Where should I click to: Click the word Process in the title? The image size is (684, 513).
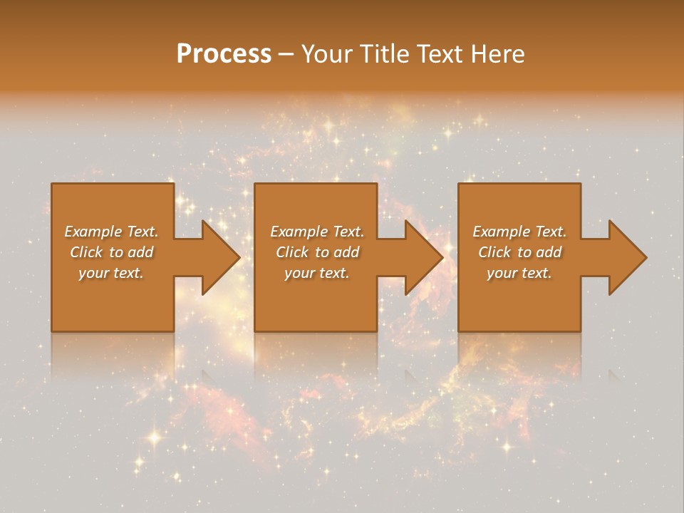pyautogui.click(x=224, y=54)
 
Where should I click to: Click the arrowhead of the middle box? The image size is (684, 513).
pyautogui.click(x=423, y=257)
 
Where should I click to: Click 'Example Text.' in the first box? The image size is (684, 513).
pyautogui.click(x=111, y=232)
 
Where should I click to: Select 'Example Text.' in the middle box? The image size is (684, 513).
pyautogui.click(x=317, y=232)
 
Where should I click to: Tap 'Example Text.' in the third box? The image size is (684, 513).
pyautogui.click(x=519, y=232)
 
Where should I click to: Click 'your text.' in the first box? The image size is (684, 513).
pyautogui.click(x=111, y=273)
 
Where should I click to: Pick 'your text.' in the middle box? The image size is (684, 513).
pyautogui.click(x=317, y=273)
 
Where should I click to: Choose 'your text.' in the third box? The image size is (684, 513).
pyautogui.click(x=519, y=273)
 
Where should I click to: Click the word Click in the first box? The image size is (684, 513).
pyautogui.click(x=87, y=252)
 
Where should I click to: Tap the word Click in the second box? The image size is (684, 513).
pyautogui.click(x=293, y=252)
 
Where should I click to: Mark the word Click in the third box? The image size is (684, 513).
pyautogui.click(x=495, y=252)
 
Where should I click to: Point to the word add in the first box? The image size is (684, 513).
pyautogui.click(x=141, y=252)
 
